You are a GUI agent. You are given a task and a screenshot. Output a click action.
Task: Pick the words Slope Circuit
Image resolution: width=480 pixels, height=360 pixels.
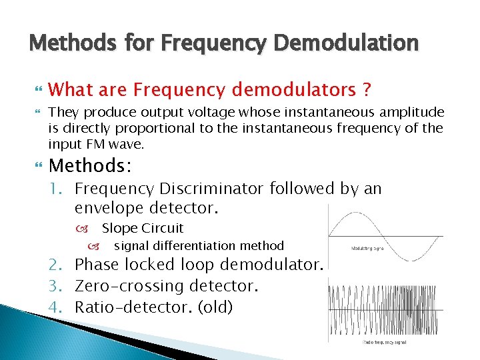click(142, 228)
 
